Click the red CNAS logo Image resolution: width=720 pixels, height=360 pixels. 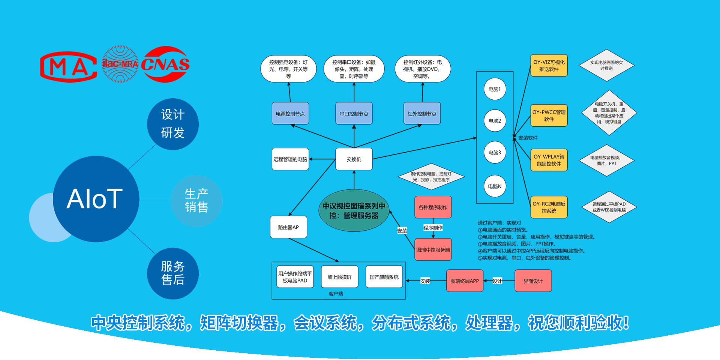click(x=165, y=64)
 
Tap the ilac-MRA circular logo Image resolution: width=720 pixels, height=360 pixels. click(x=120, y=64)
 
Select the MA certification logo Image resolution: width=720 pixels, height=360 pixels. click(x=69, y=67)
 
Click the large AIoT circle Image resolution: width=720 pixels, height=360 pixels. click(x=96, y=199)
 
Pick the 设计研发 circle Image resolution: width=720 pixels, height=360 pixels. click(x=173, y=124)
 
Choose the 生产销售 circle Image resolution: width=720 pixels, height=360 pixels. click(x=196, y=201)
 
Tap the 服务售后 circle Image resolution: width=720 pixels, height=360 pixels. click(x=173, y=273)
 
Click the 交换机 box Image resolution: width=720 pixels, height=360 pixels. click(x=354, y=159)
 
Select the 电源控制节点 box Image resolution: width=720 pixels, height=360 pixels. click(x=290, y=114)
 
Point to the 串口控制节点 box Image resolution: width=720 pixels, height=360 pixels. click(x=354, y=114)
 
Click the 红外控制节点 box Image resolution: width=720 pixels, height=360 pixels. click(x=422, y=114)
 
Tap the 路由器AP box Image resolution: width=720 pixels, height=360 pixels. click(x=288, y=227)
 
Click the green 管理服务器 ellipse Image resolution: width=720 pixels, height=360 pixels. click(x=354, y=211)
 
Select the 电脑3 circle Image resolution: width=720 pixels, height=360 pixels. click(x=495, y=153)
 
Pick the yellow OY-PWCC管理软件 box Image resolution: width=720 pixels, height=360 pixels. click(x=549, y=115)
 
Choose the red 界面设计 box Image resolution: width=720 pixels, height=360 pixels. click(x=533, y=281)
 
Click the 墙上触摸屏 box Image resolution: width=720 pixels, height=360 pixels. click(x=340, y=277)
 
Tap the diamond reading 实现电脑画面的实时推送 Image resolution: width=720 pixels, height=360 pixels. click(x=606, y=65)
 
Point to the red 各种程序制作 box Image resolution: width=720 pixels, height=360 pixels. click(x=433, y=207)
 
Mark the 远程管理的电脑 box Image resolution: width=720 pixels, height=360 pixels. click(x=290, y=159)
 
